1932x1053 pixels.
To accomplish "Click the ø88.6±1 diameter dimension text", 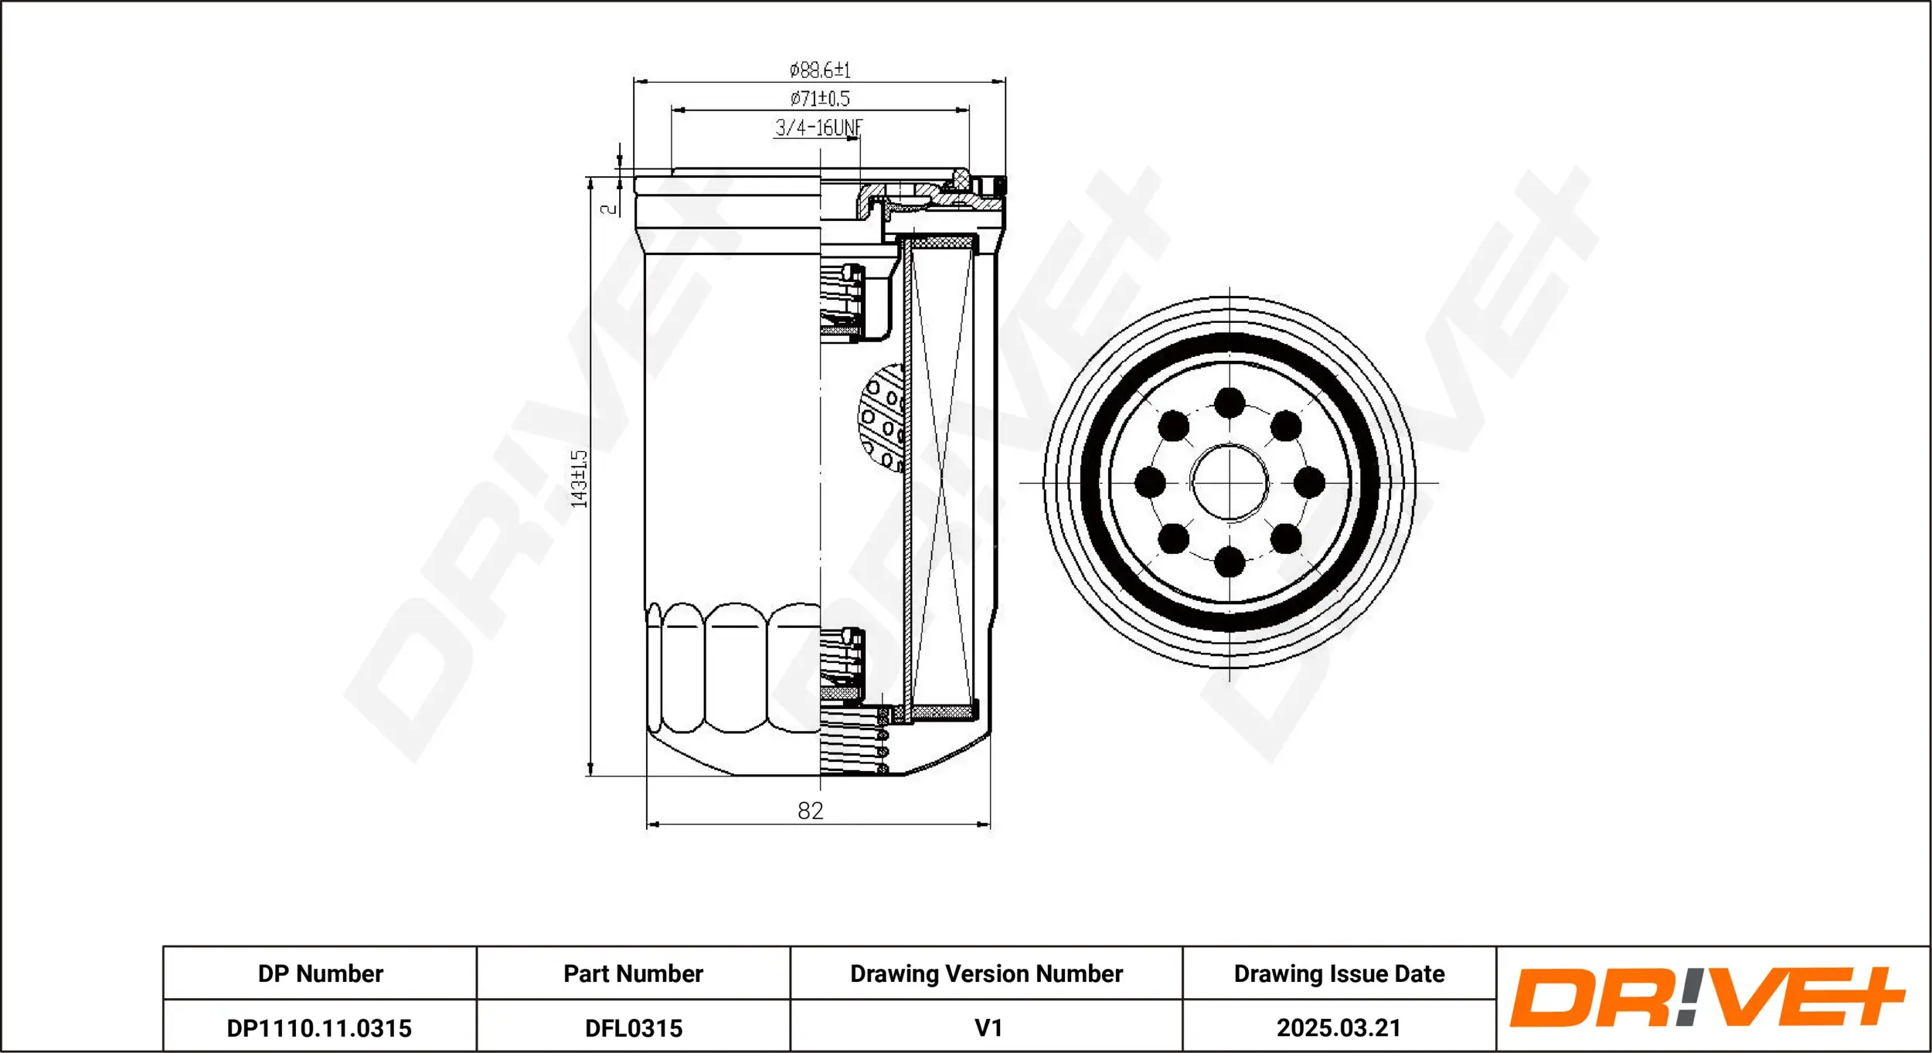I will tap(819, 70).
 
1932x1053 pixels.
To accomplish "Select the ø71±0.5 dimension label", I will tap(819, 99).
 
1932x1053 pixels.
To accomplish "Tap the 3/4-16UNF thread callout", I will tap(818, 127).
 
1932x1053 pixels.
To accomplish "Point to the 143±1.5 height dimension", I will tap(579, 479).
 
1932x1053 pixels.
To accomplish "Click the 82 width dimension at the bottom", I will tap(810, 810).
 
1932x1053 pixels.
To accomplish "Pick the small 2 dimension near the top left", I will tap(609, 208).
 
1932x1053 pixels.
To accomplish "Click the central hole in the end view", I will tap(1230, 483).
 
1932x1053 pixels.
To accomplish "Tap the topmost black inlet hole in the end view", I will tap(1230, 403).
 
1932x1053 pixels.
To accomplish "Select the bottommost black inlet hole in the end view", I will tap(1230, 562).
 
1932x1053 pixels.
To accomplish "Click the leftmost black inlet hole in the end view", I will tap(1150, 483).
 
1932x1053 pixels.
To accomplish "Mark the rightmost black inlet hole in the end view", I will tap(1309, 483).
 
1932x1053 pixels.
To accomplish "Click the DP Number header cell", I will tap(320, 973).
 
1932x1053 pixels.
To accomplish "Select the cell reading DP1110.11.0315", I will tap(319, 1028).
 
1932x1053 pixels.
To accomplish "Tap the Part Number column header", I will tap(633, 973).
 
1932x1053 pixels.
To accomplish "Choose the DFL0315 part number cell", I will tap(634, 1028).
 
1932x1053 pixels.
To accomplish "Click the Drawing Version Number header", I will tap(986, 973).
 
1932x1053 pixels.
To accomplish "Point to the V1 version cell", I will tap(988, 1028).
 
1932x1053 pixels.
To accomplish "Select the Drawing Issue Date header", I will tap(1338, 973).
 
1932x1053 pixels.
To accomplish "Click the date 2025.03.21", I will tap(1338, 1028).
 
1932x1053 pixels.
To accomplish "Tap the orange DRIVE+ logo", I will tap(1706, 997).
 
